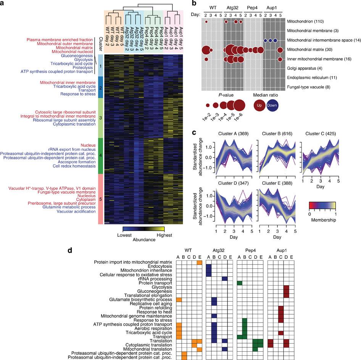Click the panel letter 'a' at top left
(x=3, y=3)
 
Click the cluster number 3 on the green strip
(x=100, y=118)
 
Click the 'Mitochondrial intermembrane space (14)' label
(x=318, y=40)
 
